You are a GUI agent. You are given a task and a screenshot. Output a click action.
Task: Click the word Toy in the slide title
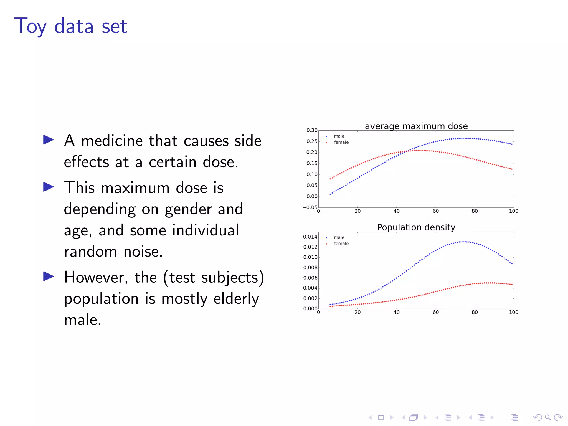tap(30, 26)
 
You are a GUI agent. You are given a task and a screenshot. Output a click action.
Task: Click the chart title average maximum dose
tap(416, 126)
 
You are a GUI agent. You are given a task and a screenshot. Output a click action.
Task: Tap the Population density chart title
tap(416, 227)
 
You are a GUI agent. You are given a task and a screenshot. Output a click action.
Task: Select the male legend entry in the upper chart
tap(339, 136)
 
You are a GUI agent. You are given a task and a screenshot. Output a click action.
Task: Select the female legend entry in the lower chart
tap(341, 244)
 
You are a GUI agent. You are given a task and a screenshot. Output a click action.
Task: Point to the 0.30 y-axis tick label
tap(312, 130)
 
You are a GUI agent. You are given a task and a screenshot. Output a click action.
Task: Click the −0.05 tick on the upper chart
tap(310, 207)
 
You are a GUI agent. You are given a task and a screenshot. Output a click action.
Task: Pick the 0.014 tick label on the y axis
tap(310, 237)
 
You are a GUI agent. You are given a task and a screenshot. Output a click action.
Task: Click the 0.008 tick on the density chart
tap(310, 268)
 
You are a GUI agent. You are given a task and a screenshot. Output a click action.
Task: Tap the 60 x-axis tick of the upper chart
tap(436, 211)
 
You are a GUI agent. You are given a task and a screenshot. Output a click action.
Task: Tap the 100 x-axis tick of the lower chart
tap(513, 312)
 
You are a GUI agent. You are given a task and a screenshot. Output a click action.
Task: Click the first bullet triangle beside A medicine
tap(49, 140)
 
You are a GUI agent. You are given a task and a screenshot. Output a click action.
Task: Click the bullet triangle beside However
tap(49, 276)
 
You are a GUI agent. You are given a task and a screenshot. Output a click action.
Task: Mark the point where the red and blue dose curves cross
tap(407, 151)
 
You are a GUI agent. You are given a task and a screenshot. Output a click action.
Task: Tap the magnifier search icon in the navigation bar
tap(548, 417)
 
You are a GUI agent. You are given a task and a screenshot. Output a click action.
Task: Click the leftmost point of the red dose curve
tap(330, 179)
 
